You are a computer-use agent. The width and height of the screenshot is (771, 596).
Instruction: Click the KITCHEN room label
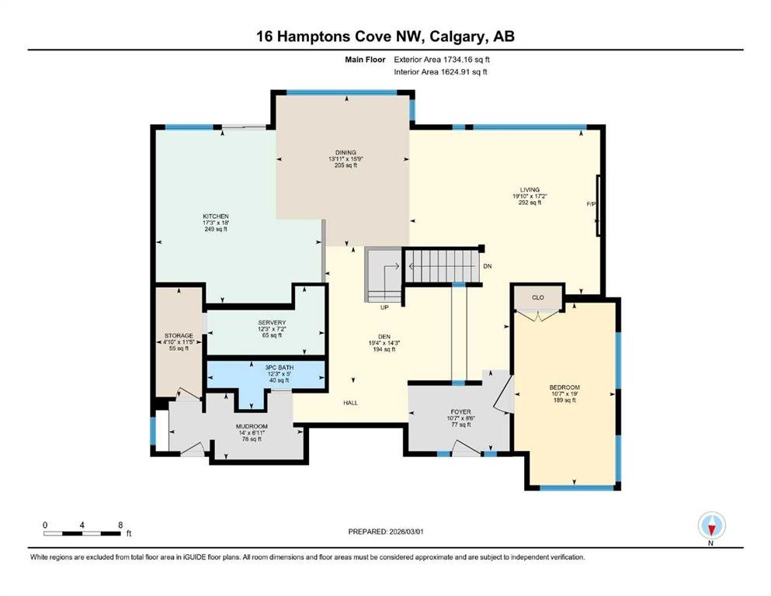[216, 217]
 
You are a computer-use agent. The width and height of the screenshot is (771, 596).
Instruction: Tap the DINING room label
[346, 152]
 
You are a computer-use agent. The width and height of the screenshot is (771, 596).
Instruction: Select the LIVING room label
[530, 189]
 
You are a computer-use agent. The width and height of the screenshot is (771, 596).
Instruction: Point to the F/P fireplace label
[591, 204]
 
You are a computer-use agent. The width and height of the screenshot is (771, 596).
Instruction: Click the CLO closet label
[538, 298]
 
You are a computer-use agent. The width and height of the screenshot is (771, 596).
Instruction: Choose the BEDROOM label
[564, 387]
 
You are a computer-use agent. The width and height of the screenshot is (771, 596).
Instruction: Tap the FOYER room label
[460, 412]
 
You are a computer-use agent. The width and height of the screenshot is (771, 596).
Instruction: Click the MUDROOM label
[252, 427]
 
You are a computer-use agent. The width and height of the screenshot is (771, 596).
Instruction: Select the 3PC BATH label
[279, 368]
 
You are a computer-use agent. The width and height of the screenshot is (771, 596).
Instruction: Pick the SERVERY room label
[272, 323]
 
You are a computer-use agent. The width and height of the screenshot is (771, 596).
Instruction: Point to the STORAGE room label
[179, 335]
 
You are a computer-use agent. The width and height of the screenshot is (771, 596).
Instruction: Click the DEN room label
[384, 337]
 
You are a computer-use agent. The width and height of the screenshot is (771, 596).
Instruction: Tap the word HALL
[351, 403]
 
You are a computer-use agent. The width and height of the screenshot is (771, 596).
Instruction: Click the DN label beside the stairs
[488, 266]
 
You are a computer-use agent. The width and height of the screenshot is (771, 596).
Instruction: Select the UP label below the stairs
[384, 307]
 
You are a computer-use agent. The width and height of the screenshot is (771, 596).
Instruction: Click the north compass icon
[711, 525]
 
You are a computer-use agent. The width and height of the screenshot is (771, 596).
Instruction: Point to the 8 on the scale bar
[120, 525]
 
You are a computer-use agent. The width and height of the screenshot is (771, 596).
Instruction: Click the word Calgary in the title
[455, 36]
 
